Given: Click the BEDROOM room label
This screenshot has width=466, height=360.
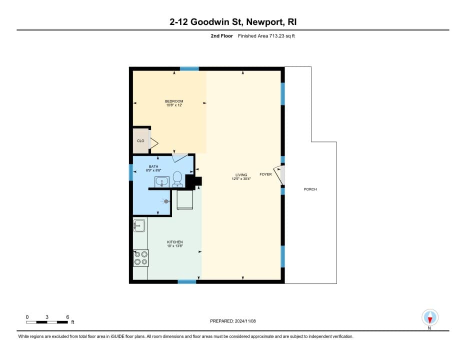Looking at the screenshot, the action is click(174, 101).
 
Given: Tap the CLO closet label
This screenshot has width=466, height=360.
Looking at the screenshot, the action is click(140, 141).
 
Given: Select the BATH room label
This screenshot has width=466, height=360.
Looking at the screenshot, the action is click(153, 166).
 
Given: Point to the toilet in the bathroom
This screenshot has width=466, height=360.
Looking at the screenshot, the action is click(177, 179).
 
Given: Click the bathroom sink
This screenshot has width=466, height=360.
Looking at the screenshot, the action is click(162, 182).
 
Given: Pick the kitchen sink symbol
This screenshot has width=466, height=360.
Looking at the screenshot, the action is click(139, 226).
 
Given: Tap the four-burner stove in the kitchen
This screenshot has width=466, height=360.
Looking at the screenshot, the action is click(141, 258).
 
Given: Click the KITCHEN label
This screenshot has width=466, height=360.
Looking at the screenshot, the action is click(175, 242).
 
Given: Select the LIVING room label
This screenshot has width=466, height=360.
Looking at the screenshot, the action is click(241, 175).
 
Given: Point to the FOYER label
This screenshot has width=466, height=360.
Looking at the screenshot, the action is click(265, 174).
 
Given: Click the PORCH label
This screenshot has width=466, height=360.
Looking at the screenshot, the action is click(310, 189).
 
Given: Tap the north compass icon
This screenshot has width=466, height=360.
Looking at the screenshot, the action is click(429, 318).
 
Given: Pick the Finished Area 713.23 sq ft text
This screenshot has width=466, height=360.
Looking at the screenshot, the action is click(266, 36).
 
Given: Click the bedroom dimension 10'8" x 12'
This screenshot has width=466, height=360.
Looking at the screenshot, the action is click(174, 105).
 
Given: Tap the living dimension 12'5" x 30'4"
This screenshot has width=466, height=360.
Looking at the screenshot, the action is click(241, 179).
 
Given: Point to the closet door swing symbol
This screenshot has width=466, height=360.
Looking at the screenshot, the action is click(154, 143).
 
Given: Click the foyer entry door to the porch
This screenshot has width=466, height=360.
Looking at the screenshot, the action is click(279, 175).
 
